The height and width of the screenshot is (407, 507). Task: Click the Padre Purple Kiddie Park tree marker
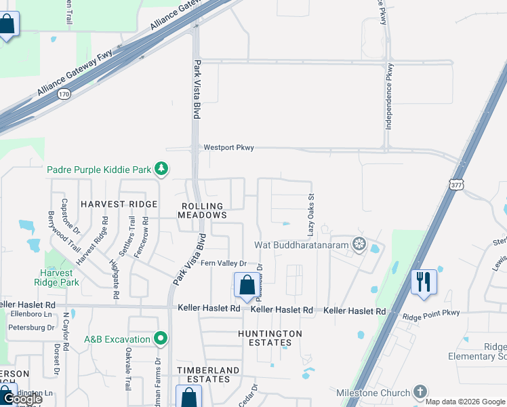[161, 168]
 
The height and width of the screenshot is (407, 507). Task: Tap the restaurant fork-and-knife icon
[424, 282]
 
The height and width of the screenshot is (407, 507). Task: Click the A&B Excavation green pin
[161, 337]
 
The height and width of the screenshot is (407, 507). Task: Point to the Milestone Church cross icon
[420, 392]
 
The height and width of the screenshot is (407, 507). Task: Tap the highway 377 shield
[455, 183]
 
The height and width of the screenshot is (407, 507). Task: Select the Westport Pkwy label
[228, 147]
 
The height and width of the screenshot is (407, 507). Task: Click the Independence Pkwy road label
[389, 96]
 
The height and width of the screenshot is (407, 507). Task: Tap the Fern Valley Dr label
[222, 263]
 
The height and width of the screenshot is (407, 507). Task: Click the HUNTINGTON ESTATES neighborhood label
[270, 338]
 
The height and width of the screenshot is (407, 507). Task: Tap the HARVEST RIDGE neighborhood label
[119, 203]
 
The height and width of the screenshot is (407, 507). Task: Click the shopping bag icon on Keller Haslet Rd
[246, 285]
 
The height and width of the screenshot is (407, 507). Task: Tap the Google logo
[22, 399]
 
